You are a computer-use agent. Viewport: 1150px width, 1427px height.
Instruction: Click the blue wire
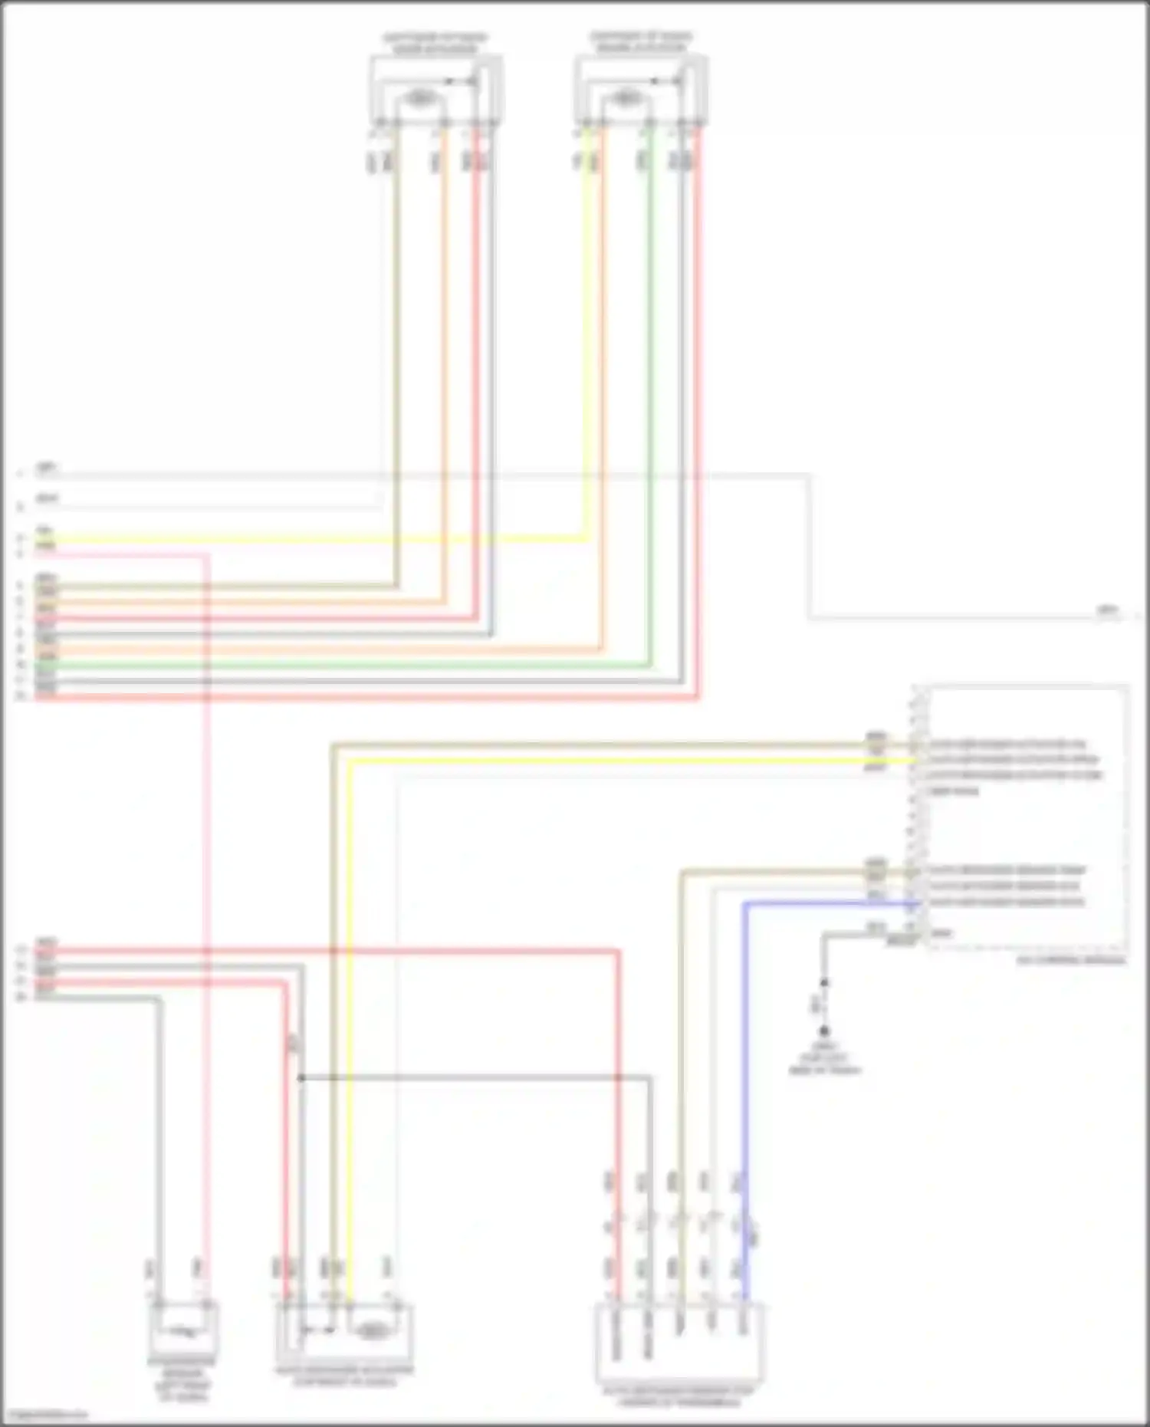pyautogui.click(x=744, y=1074)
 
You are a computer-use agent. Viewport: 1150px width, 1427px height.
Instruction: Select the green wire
pyautogui.click(x=651, y=383)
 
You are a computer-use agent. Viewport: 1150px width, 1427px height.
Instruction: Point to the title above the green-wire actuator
pyautogui.click(x=640, y=42)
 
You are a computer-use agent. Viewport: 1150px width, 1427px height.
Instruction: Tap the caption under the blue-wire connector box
pyautogui.click(x=678, y=1396)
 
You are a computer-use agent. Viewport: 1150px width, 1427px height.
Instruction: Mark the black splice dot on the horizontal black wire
pyautogui.click(x=301, y=1078)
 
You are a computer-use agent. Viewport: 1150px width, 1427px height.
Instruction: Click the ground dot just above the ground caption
pyautogui.click(x=824, y=1031)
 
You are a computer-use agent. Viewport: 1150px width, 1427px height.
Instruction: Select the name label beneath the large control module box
pyautogui.click(x=1070, y=959)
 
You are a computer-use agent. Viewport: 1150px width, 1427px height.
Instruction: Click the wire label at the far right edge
pyautogui.click(x=1107, y=610)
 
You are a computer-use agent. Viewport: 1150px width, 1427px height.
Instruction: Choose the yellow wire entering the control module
pyautogui.click(x=613, y=761)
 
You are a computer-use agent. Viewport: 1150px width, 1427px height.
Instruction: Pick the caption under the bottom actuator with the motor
pyautogui.click(x=344, y=1376)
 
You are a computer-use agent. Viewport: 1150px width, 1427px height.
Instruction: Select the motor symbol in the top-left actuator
pyautogui.click(x=419, y=98)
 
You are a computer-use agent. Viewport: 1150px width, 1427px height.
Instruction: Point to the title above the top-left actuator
pyautogui.click(x=435, y=43)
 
